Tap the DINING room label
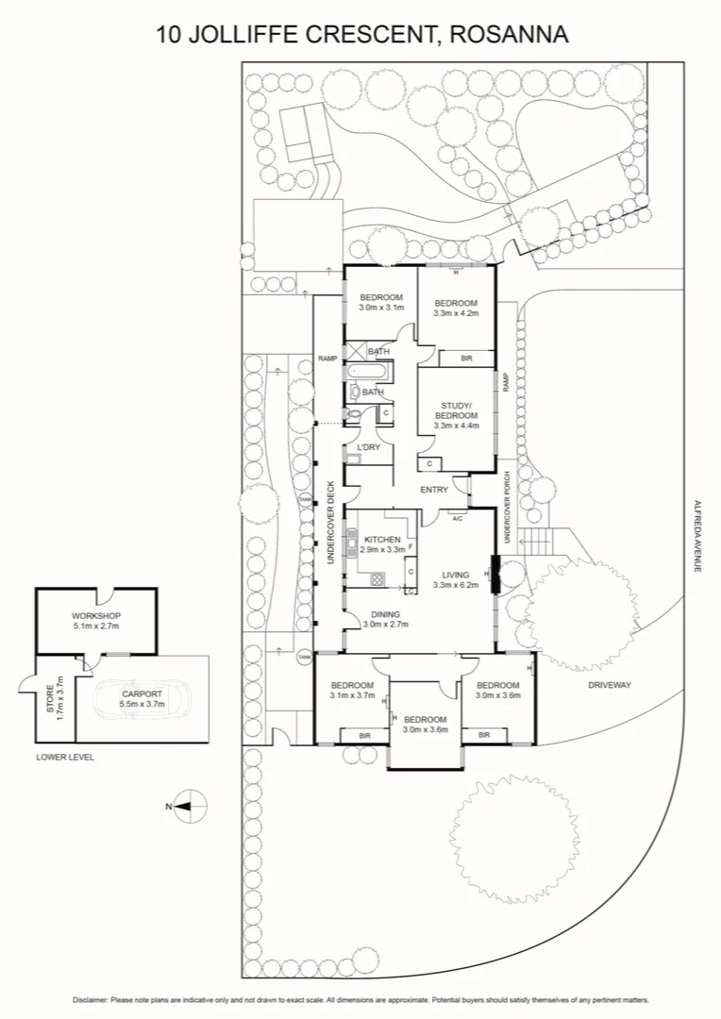(384, 613)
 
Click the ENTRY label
(434, 490)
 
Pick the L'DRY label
(368, 447)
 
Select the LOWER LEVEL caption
(65, 757)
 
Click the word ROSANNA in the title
(511, 35)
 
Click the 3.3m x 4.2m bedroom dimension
(456, 312)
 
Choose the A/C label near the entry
(456, 518)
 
